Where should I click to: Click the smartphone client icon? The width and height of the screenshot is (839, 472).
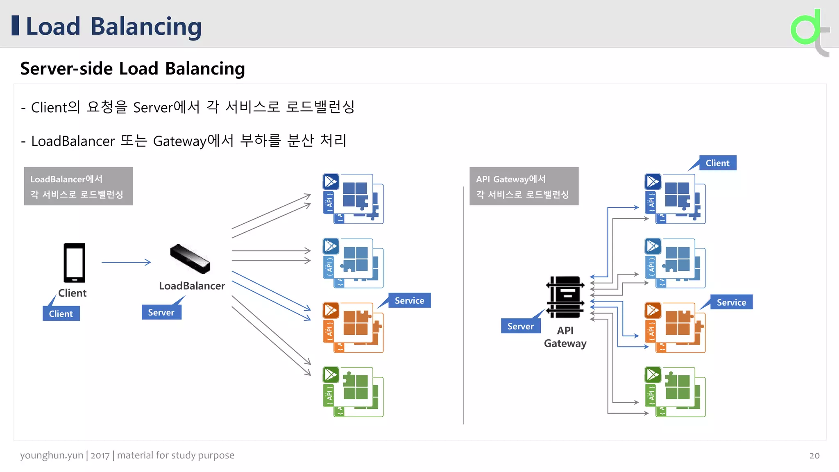[x=74, y=263]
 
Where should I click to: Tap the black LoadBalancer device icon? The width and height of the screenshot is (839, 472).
[x=190, y=259]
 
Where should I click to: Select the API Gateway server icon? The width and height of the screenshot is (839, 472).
[x=565, y=297]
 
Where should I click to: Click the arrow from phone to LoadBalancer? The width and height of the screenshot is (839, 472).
[x=126, y=262]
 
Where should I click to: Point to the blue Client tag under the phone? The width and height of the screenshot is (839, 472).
[x=61, y=314]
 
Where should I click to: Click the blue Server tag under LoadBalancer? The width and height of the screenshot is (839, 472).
[x=161, y=313]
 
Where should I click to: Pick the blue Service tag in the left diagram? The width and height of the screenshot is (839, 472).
[x=409, y=301]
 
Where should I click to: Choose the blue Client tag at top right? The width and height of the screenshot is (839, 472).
[x=717, y=163]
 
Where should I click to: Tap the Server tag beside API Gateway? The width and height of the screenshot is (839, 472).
[x=520, y=327]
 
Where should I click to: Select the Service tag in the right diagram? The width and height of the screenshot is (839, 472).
[x=731, y=302]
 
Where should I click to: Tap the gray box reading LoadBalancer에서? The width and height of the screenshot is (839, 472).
[x=78, y=186]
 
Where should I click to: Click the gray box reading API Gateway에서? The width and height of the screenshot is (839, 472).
[x=524, y=186]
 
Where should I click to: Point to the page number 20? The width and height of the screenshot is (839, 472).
[x=814, y=456]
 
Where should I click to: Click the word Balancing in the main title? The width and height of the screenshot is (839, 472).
[x=146, y=27]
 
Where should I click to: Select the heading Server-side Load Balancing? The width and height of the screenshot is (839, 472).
[x=132, y=68]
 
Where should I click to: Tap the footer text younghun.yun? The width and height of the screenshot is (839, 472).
[x=52, y=455]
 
